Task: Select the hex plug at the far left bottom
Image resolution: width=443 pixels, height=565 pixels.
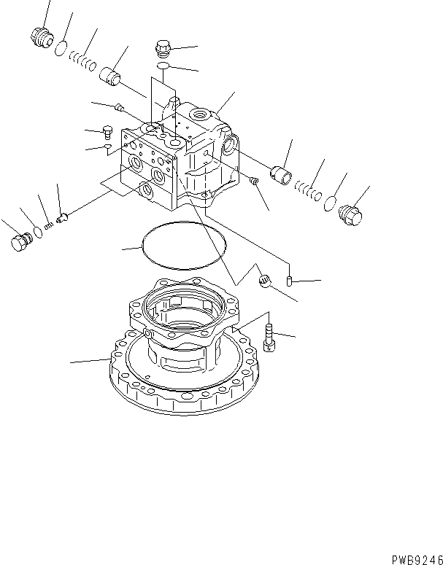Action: click(20, 242)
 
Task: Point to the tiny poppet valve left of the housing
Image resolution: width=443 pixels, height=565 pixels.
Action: click(61, 217)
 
